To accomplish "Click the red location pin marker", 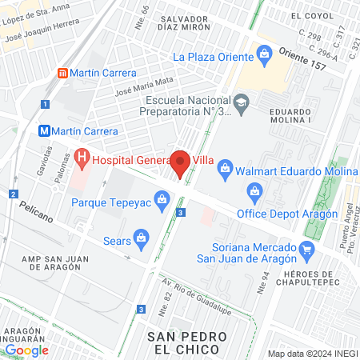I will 181,162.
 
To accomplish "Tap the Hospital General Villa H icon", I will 82,159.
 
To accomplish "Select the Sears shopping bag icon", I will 141,238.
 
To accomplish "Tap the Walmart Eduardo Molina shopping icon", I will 226,168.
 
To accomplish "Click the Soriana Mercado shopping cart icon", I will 306,249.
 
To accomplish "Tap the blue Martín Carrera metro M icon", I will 46,131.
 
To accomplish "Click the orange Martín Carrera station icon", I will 62,73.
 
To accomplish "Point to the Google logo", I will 26,350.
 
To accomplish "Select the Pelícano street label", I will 31,206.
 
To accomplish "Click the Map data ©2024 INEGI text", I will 312,354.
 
